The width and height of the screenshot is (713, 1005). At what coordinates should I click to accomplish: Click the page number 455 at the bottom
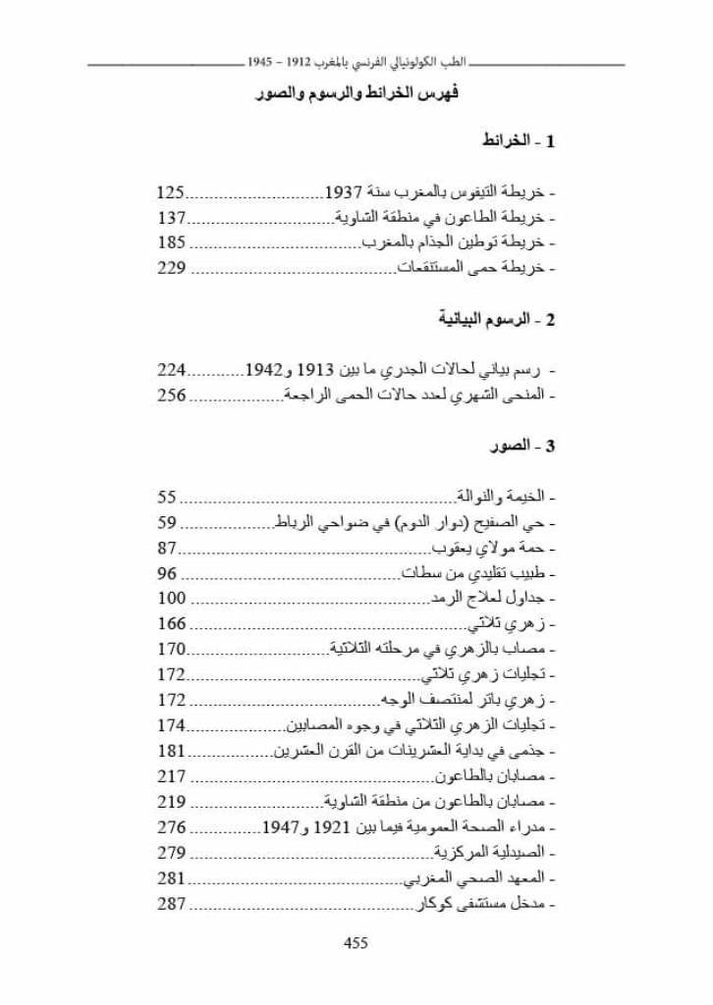coord(356,943)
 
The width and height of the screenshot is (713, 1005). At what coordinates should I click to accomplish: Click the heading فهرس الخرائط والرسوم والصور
coord(356,97)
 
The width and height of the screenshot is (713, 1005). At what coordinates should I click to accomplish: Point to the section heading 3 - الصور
coord(523,447)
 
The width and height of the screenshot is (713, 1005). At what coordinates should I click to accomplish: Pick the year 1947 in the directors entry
coord(283,827)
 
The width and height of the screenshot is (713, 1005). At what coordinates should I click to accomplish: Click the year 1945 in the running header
coord(261,61)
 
